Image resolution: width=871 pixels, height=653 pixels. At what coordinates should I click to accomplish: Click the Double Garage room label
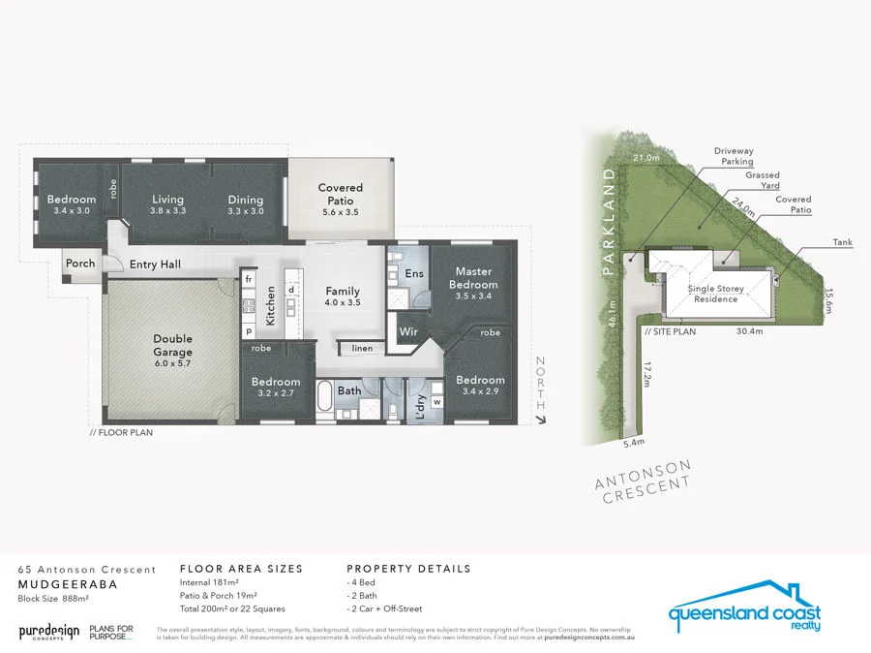(x=172, y=345)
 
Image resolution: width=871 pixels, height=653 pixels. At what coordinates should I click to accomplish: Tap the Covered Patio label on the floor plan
(x=340, y=194)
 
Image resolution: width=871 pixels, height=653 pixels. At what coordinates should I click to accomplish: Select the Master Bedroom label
(x=474, y=279)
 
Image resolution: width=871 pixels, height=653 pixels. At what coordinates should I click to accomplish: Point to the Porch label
(x=80, y=264)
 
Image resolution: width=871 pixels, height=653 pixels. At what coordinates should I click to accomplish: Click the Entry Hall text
(x=154, y=264)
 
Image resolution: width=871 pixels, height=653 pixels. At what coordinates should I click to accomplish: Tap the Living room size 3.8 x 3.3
(x=167, y=210)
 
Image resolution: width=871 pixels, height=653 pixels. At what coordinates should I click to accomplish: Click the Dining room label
(x=246, y=200)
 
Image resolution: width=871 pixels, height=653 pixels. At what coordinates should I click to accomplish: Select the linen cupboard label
(x=362, y=348)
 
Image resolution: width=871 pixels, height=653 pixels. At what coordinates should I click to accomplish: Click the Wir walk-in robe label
(x=408, y=331)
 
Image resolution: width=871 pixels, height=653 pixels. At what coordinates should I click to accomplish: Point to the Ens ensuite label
(x=414, y=274)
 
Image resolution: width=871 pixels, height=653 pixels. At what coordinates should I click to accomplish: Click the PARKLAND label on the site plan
(x=610, y=224)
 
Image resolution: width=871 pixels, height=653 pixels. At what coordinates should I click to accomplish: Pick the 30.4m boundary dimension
(x=750, y=330)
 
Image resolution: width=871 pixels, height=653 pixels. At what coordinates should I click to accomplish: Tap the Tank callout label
(x=842, y=242)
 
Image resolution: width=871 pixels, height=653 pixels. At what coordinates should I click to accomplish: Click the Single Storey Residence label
(x=713, y=294)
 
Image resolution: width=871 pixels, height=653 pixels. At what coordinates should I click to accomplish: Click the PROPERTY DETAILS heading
(x=408, y=569)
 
